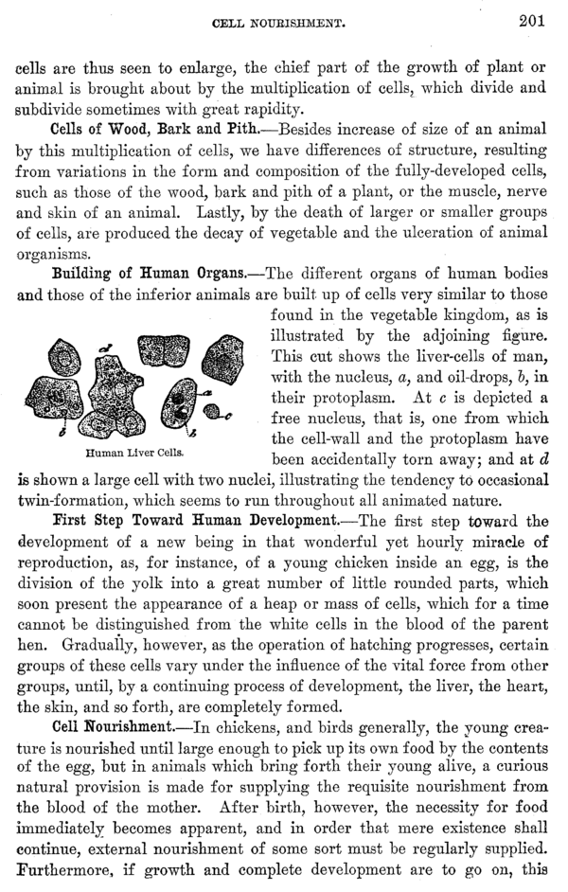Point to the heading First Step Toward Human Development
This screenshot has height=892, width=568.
point(194,520)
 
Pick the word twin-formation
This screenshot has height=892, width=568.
point(75,495)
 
